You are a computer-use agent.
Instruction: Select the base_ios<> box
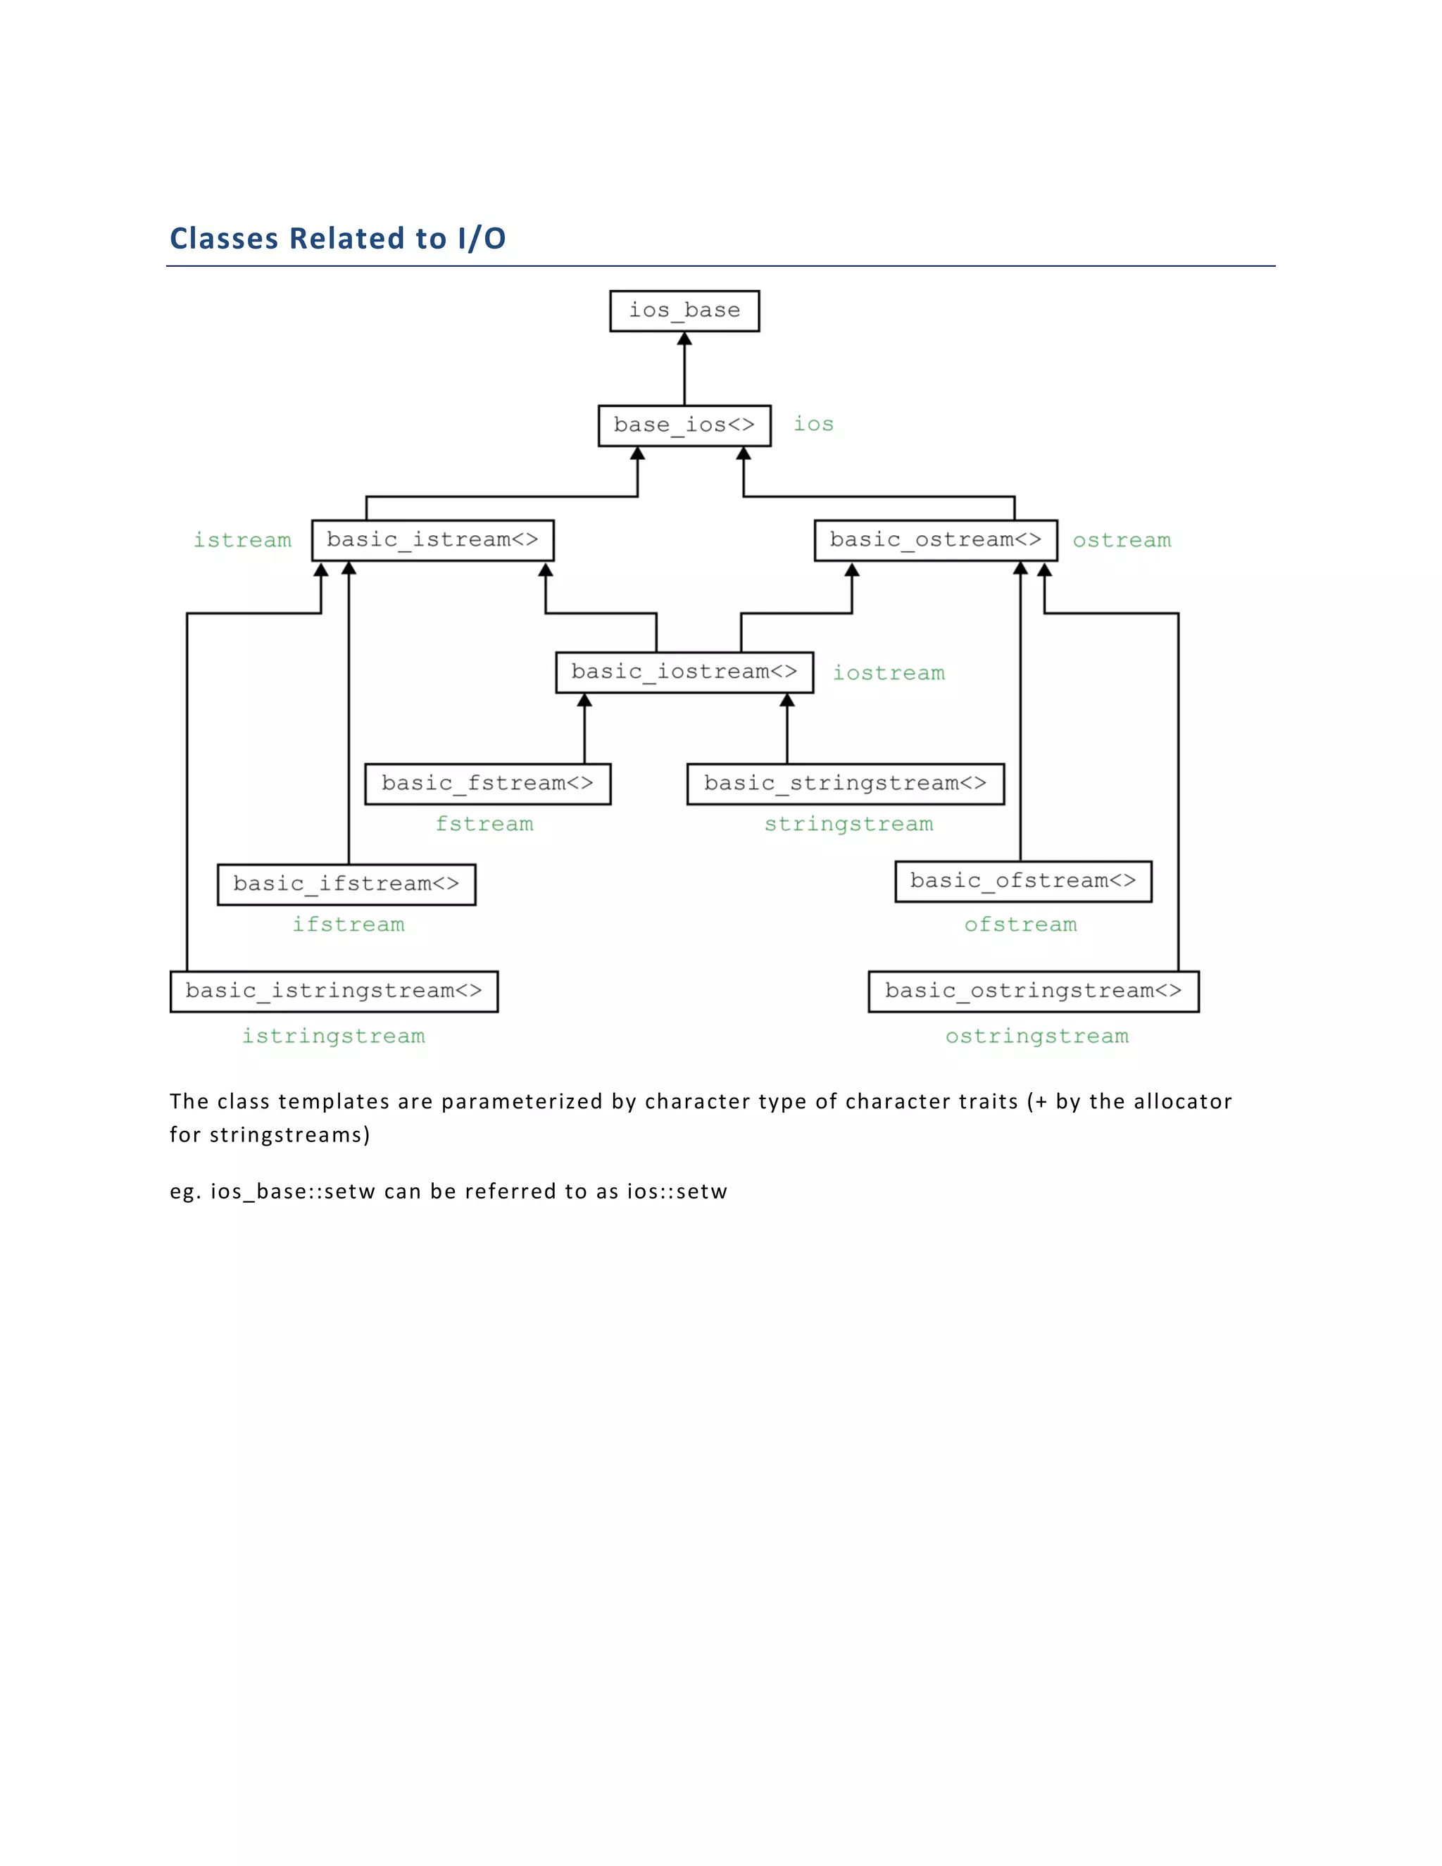pyautogui.click(x=684, y=425)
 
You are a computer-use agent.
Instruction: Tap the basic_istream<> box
pyautogui.click(x=432, y=540)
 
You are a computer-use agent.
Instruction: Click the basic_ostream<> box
pyautogui.click(x=936, y=540)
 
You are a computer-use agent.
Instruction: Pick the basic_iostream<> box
pyautogui.click(x=684, y=672)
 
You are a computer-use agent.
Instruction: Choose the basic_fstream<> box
pyautogui.click(x=487, y=784)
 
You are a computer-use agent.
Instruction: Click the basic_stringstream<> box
pyautogui.click(x=845, y=784)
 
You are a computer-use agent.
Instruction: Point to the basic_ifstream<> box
pyautogui.click(x=346, y=884)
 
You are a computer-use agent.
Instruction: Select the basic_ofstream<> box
pyautogui.click(x=1022, y=881)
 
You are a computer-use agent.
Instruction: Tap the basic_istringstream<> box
pyautogui.click(x=334, y=991)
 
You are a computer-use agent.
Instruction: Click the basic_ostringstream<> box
pyautogui.click(x=1033, y=991)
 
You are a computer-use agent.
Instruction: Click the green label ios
pyautogui.click(x=813, y=425)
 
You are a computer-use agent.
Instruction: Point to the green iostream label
pyautogui.click(x=889, y=673)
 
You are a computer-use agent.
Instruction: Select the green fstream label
pyautogui.click(x=484, y=825)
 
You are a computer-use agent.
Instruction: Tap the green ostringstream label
pyautogui.click(x=1036, y=1037)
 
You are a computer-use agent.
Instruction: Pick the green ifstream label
pyautogui.click(x=349, y=925)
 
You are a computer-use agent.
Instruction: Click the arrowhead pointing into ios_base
pyautogui.click(x=684, y=339)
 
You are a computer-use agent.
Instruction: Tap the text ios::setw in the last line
pyautogui.click(x=677, y=1192)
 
